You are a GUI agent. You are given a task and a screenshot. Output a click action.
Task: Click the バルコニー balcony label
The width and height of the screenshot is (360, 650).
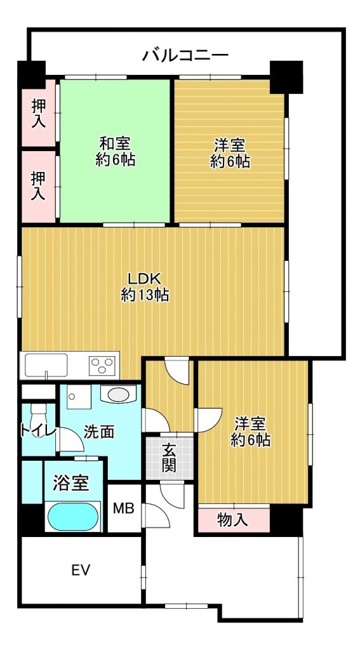[x=185, y=55]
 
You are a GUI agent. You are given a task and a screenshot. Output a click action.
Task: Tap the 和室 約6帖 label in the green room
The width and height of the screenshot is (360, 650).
[x=115, y=151]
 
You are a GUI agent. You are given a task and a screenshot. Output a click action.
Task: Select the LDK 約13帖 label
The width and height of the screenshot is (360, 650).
[x=145, y=286]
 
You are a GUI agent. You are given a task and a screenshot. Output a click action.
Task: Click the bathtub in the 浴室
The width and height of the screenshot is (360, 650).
[x=74, y=516]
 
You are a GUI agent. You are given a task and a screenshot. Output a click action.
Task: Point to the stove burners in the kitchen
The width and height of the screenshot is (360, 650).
[x=101, y=365]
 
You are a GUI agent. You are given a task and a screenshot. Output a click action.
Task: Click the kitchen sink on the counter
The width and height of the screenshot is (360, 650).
[x=46, y=366]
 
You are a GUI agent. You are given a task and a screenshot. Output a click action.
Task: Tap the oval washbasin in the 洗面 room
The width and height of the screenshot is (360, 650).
[x=117, y=394]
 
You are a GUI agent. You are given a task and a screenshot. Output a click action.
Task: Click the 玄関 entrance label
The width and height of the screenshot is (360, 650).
[x=169, y=458]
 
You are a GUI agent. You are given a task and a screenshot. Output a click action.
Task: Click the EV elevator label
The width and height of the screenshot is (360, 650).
[x=80, y=569]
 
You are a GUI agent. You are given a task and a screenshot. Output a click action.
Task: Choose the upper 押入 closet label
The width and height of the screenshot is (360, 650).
[x=39, y=113]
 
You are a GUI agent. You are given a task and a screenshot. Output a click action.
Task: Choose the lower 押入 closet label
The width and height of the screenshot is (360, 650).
[x=39, y=185]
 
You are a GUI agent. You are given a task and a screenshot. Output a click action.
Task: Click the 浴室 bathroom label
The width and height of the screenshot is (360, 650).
[x=70, y=484]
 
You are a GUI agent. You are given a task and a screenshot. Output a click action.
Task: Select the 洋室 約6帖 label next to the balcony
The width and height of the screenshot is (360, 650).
[x=230, y=152]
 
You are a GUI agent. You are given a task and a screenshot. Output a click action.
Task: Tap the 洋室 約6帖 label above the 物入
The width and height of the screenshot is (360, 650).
[x=251, y=430]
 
